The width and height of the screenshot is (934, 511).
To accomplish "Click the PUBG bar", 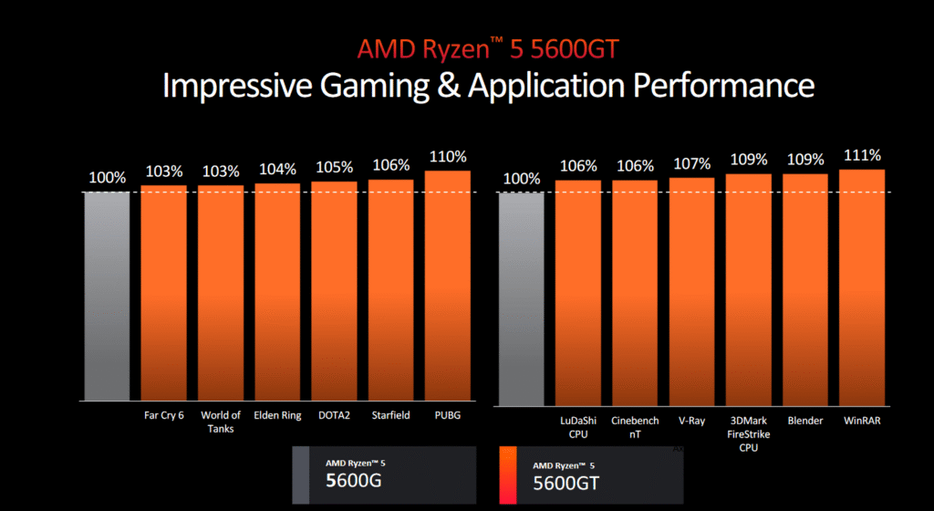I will [x=447, y=286].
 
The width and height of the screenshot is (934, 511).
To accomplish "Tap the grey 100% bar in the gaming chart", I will [x=107, y=297].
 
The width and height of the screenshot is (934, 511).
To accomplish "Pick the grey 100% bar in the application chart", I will [x=522, y=297].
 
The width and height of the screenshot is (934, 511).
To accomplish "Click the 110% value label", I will [x=448, y=156].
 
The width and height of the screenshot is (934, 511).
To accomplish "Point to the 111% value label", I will [x=862, y=154].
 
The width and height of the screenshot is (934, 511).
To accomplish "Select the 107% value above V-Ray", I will [x=692, y=163].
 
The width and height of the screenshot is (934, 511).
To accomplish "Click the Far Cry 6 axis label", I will [x=164, y=415].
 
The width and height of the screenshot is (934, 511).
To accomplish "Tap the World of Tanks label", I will [x=221, y=422].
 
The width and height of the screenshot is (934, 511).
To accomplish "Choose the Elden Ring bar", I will [x=277, y=292].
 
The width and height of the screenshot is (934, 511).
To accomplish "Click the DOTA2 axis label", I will [x=334, y=415].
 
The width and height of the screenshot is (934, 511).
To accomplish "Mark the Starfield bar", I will [x=390, y=289].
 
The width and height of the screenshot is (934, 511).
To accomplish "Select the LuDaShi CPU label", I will [x=578, y=427].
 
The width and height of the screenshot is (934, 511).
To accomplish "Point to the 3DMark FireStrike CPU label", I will [x=749, y=433].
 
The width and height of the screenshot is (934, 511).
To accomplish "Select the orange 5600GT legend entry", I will [x=593, y=474].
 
